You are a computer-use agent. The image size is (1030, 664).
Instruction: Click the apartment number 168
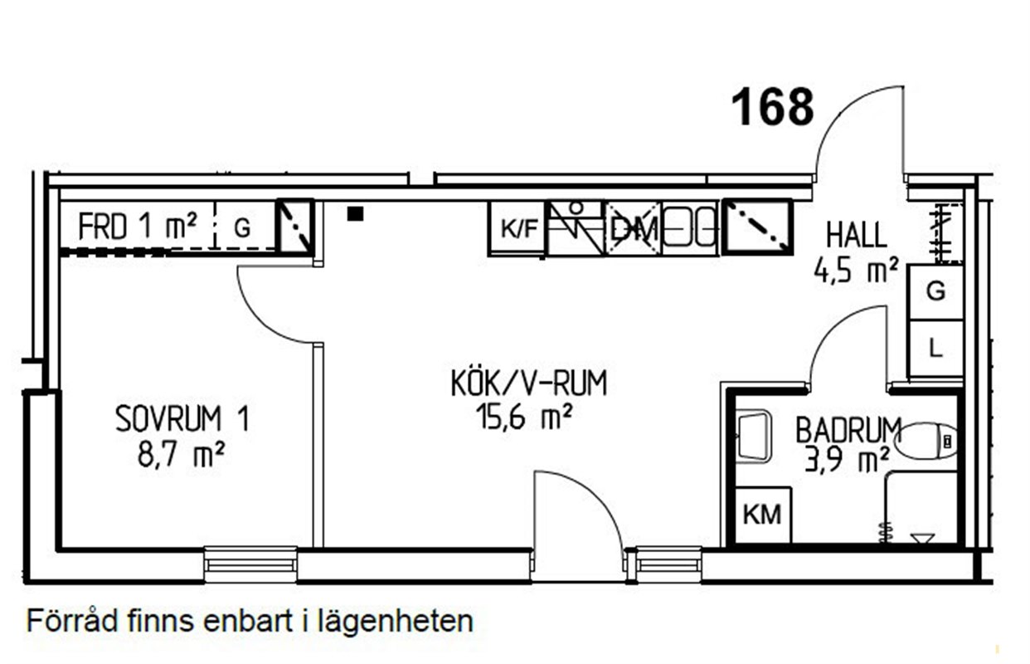click(x=772, y=108)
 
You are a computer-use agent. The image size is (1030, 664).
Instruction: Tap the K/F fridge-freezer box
click(x=518, y=228)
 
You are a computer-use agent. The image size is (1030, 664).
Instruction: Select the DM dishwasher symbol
click(x=634, y=228)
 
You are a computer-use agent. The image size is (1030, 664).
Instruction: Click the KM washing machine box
click(x=763, y=515)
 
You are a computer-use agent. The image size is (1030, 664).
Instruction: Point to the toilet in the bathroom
click(x=926, y=442)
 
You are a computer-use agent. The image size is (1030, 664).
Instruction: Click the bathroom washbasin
click(x=754, y=437)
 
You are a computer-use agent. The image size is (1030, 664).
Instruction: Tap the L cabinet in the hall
click(x=935, y=349)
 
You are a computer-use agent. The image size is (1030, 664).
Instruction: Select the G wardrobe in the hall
click(x=935, y=291)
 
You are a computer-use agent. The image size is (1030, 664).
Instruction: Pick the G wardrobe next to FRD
click(x=243, y=227)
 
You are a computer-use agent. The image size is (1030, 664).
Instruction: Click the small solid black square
click(x=355, y=214)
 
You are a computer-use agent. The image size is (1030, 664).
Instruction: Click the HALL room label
click(x=856, y=236)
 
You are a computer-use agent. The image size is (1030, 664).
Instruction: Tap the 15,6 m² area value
click(x=524, y=417)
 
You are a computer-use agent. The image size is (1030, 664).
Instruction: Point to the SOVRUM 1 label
click(x=182, y=419)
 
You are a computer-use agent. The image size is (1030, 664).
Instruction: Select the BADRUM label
click(x=848, y=430)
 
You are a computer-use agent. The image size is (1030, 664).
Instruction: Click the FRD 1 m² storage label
click(x=138, y=226)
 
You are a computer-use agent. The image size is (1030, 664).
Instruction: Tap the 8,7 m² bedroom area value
click(x=181, y=454)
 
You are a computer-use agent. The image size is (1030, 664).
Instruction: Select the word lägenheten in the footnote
click(x=393, y=622)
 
